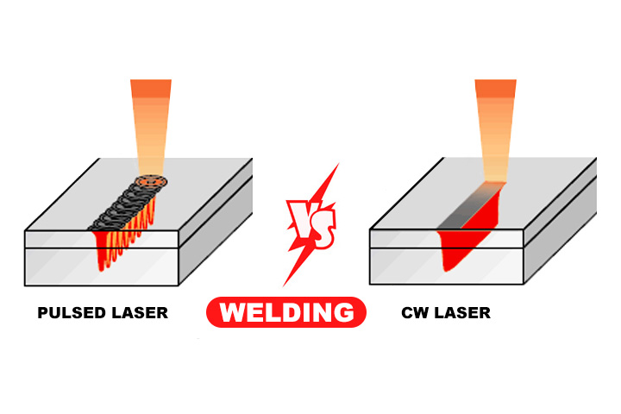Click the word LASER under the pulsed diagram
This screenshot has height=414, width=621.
click(137, 313)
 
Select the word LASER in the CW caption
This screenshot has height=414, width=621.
click(462, 313)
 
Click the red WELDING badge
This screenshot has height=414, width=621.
click(285, 312)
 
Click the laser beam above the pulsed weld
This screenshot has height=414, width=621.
click(151, 129)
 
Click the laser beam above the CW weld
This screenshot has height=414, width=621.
click(495, 129)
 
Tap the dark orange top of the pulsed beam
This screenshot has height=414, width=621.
click(151, 87)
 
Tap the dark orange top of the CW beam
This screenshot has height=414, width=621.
click(495, 87)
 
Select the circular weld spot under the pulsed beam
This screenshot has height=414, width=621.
click(153, 183)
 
